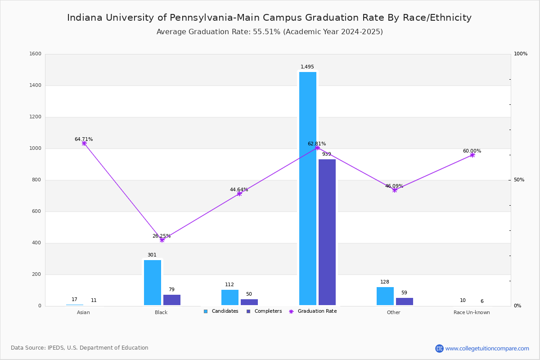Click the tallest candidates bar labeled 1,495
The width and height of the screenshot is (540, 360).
[308, 189]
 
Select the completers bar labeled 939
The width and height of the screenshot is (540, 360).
[327, 232]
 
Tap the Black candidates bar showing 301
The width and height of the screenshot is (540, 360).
[153, 283]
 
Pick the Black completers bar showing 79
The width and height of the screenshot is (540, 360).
[172, 300]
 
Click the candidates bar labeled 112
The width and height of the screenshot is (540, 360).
[230, 297]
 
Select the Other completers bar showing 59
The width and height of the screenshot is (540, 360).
[405, 301]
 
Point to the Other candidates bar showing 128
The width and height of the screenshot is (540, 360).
[385, 296]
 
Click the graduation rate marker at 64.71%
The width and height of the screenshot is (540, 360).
[84, 143]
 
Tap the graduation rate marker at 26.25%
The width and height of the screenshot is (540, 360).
[162, 240]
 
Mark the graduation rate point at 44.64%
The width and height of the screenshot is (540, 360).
[239, 193]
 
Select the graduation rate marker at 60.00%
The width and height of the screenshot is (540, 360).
[472, 155]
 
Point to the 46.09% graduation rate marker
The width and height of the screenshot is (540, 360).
[395, 190]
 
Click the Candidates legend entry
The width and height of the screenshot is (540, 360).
[221, 311]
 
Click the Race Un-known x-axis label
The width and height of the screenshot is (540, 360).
[472, 312]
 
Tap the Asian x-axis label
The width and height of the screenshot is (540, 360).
[83, 312]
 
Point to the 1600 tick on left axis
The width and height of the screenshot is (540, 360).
[36, 54]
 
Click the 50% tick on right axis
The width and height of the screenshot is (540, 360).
[519, 180]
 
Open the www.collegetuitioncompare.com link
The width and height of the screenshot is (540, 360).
[487, 348]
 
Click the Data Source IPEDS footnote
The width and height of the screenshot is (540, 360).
[80, 348]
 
